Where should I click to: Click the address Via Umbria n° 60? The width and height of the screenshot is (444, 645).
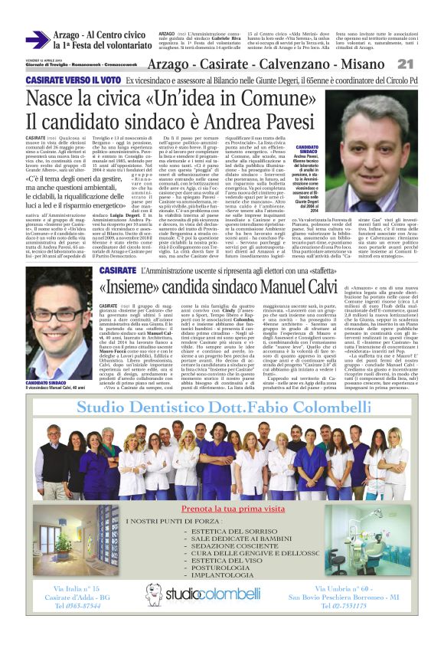click(x=361, y=609)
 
